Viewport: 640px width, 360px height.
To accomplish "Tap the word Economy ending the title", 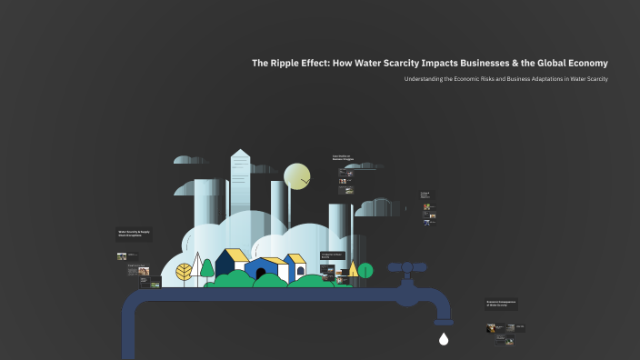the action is [x=584, y=63].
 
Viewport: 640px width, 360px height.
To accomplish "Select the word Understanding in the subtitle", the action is [x=425, y=79].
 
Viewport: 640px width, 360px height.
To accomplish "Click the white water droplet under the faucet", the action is [x=444, y=340].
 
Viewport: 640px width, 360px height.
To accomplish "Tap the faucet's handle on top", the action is [x=407, y=268].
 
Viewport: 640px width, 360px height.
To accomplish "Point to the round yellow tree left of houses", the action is [x=185, y=271].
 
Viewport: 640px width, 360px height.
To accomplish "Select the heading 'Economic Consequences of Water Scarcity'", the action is [x=502, y=304].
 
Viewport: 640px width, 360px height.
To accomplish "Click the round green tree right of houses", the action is [x=365, y=270].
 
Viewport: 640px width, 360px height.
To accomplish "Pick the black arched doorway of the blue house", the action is [x=261, y=272].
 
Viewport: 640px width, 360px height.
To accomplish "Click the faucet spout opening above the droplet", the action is [x=444, y=323].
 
